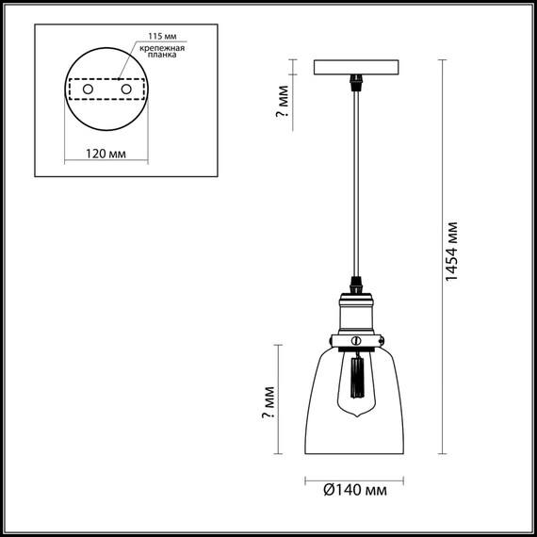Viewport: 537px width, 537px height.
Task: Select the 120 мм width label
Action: (x=106, y=153)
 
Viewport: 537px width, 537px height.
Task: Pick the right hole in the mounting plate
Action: (x=123, y=88)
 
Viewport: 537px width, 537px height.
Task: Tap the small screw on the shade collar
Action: (x=356, y=338)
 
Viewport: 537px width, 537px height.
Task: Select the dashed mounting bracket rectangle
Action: (x=106, y=88)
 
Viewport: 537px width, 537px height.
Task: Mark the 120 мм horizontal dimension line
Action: (x=106, y=162)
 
